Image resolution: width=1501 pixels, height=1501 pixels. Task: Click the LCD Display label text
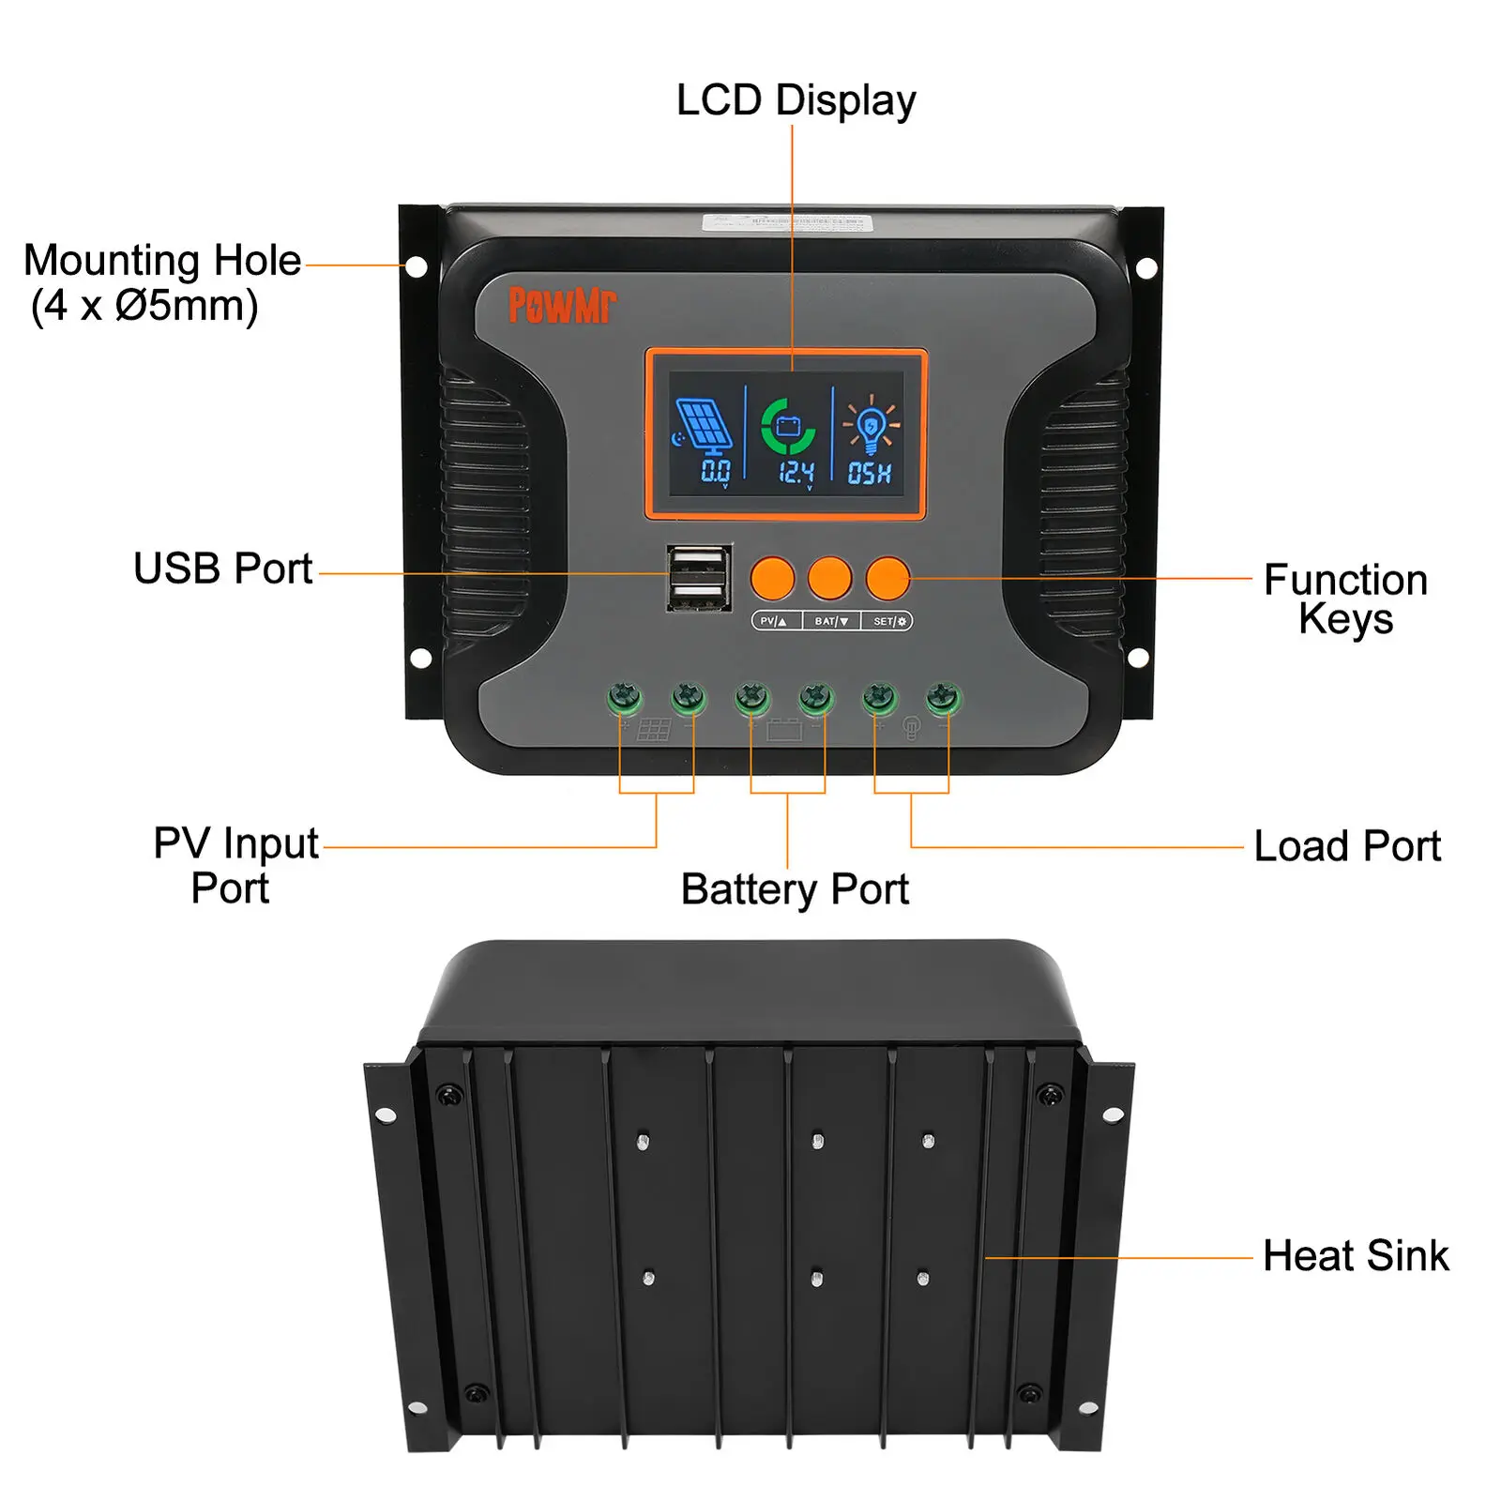(x=796, y=100)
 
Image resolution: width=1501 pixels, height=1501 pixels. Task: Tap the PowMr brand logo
(x=562, y=305)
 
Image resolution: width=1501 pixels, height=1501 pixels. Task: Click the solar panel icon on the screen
(x=705, y=426)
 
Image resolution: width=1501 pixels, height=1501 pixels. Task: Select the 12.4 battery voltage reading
(x=796, y=473)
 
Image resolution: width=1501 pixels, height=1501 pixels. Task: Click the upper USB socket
(x=699, y=563)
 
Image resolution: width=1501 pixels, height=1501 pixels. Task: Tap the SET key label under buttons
(x=888, y=621)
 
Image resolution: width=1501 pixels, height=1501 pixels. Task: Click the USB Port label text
(x=222, y=569)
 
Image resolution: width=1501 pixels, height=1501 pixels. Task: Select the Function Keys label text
(x=1345, y=599)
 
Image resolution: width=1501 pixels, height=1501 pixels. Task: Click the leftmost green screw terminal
(x=624, y=699)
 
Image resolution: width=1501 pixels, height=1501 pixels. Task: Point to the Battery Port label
(x=795, y=889)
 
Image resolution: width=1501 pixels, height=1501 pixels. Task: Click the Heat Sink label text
(x=1356, y=1255)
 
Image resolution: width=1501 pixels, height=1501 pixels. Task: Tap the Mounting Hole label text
(x=161, y=281)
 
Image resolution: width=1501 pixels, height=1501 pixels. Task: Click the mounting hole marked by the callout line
(x=417, y=266)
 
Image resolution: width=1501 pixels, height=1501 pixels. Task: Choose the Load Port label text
(x=1346, y=846)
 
